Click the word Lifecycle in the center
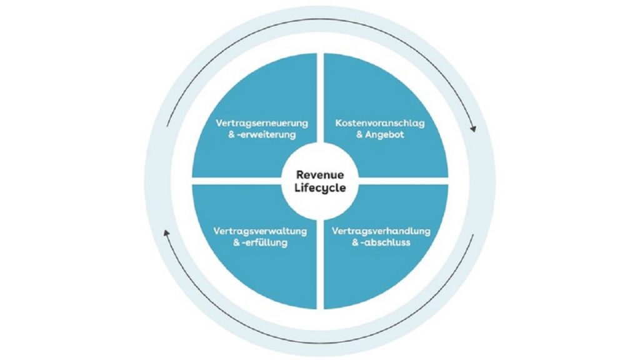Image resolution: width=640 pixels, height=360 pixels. (x=320, y=187)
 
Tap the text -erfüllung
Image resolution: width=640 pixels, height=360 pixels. (x=264, y=242)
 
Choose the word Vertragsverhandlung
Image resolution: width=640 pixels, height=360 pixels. (x=381, y=231)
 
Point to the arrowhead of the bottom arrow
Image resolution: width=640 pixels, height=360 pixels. (x=166, y=232)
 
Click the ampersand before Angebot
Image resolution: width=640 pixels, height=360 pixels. (x=359, y=134)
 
